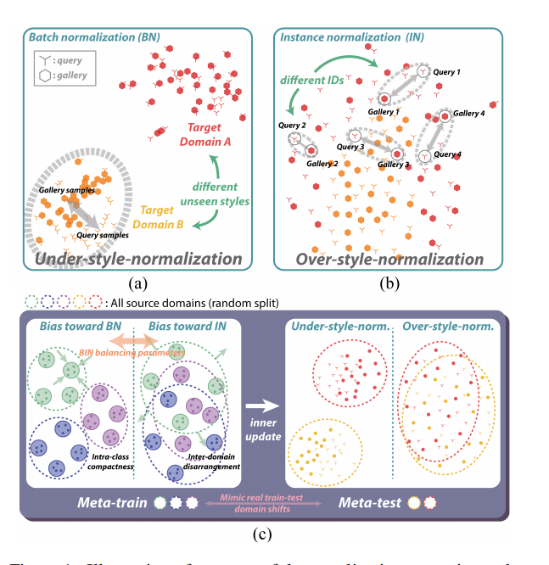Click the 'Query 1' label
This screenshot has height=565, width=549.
(x=445, y=73)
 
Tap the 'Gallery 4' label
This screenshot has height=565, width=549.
(x=469, y=113)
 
